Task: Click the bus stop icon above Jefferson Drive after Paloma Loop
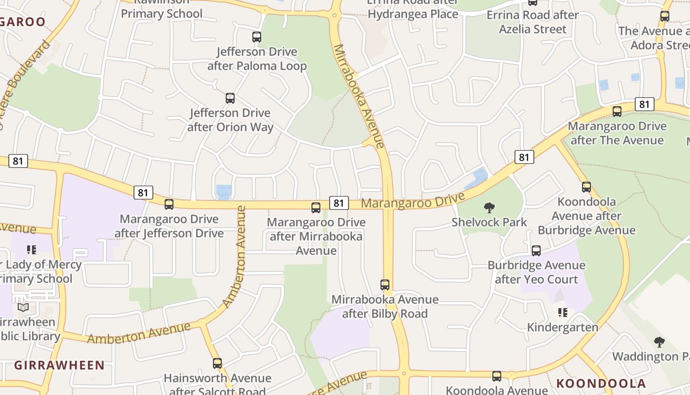pyautogui.click(x=256, y=37)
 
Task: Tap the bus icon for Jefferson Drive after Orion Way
pyautogui.click(x=230, y=98)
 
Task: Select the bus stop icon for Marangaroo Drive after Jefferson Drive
pyautogui.click(x=169, y=204)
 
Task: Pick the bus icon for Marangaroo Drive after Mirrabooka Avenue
pyautogui.click(x=316, y=208)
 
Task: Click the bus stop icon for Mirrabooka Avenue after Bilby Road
pyautogui.click(x=385, y=285)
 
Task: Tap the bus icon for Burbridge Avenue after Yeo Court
pyautogui.click(x=536, y=251)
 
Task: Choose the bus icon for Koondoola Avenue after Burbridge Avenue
pyautogui.click(x=586, y=187)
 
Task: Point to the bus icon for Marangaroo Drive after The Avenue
pyautogui.click(x=617, y=112)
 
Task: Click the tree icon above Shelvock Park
pyautogui.click(x=489, y=208)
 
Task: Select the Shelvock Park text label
pyautogui.click(x=489, y=222)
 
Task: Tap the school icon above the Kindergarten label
pyautogui.click(x=562, y=313)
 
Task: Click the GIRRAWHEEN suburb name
pyautogui.click(x=59, y=365)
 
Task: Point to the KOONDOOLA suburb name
pyautogui.click(x=601, y=384)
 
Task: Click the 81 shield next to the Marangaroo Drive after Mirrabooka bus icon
pyautogui.click(x=339, y=203)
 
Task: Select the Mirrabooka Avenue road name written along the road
pyautogui.click(x=358, y=96)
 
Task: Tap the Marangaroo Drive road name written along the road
pyautogui.click(x=413, y=201)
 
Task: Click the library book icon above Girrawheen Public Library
pyautogui.click(x=23, y=307)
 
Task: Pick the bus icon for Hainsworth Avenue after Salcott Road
pyautogui.click(x=217, y=363)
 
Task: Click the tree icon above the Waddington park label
pyautogui.click(x=659, y=342)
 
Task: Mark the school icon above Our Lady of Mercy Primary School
pyautogui.click(x=32, y=250)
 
